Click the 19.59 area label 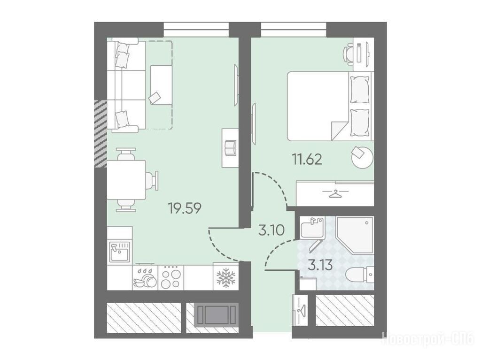(185, 208)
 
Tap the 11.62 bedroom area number (307, 160)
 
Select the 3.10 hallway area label (272, 230)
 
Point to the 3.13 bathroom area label (320, 265)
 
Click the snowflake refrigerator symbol (226, 277)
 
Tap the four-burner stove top (171, 277)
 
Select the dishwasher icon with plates (145, 277)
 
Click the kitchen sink (120, 252)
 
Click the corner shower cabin (355, 235)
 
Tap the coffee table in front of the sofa (161, 85)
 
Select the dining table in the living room (126, 180)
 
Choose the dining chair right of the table (152, 180)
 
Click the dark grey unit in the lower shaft (216, 314)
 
